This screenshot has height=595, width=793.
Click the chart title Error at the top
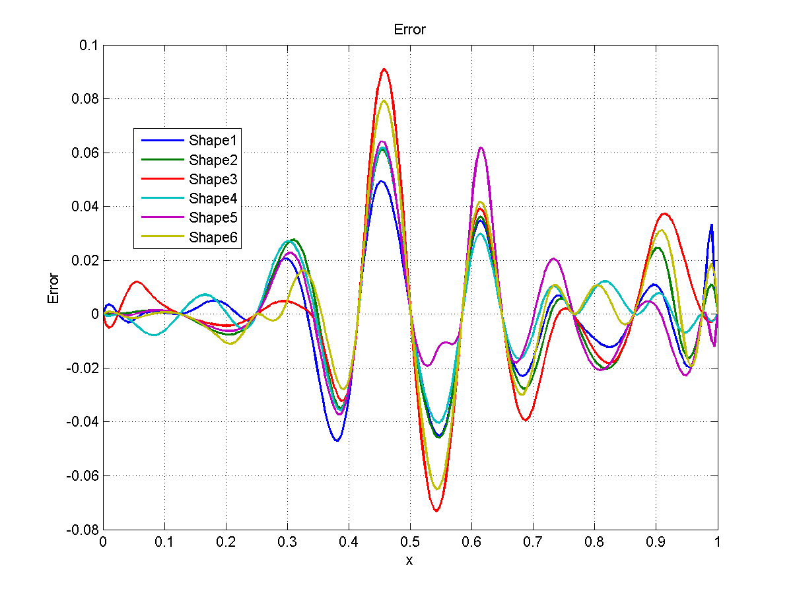click(409, 30)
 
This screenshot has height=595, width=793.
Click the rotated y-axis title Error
click(54, 289)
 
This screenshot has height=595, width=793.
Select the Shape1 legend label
click(213, 140)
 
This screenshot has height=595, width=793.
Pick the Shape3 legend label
click(213, 179)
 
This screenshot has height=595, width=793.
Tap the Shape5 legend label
click(213, 218)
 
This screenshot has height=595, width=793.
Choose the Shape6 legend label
click(213, 238)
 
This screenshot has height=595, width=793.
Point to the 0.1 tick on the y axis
click(88, 46)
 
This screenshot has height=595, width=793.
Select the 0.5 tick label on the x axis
click(410, 542)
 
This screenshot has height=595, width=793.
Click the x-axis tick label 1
click(717, 542)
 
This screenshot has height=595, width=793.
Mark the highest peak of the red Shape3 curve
click(384, 69)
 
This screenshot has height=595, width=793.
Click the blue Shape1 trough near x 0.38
click(337, 440)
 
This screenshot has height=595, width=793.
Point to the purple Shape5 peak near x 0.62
click(481, 148)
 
